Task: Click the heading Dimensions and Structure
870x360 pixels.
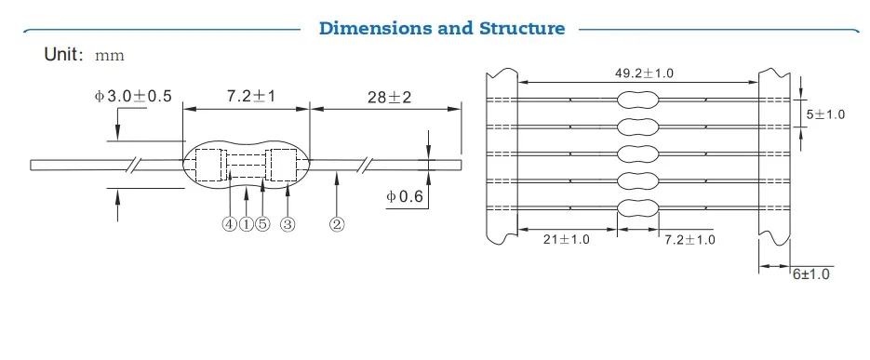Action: click(x=442, y=28)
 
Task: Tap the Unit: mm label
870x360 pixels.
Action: click(x=85, y=55)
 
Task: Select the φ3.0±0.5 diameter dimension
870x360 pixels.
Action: click(x=133, y=96)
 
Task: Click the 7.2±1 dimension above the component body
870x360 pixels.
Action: click(x=251, y=96)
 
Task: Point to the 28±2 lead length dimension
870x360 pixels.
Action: click(x=390, y=97)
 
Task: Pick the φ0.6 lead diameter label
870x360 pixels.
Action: click(x=405, y=196)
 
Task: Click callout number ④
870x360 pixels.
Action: click(x=230, y=224)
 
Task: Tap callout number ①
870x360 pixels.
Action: click(x=247, y=224)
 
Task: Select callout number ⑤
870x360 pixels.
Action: click(x=263, y=224)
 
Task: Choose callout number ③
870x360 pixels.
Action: click(x=288, y=224)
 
